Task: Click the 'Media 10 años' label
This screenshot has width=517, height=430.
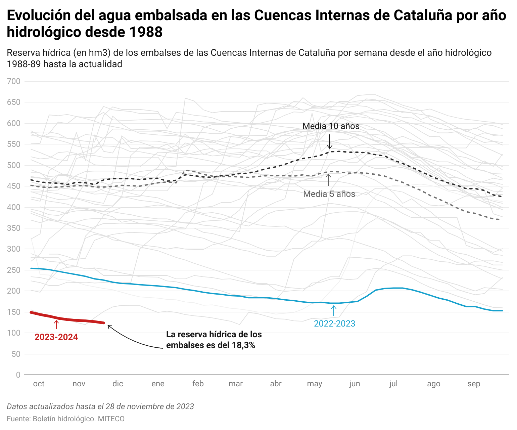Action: [x=331, y=126]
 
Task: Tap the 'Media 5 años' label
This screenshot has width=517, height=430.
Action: [x=329, y=194]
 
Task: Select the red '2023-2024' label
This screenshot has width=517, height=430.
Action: [x=56, y=337]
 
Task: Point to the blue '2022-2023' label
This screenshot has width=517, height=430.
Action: [x=334, y=324]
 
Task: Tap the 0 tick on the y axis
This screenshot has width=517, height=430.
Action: [x=18, y=375]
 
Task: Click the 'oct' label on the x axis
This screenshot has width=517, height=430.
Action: [x=39, y=384]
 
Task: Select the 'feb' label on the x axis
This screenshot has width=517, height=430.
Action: [x=198, y=384]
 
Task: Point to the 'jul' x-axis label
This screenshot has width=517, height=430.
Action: [x=393, y=384]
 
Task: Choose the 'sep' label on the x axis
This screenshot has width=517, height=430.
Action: [x=474, y=384]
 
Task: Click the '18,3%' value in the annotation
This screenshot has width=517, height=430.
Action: [x=243, y=345]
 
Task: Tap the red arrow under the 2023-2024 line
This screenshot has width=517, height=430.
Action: [x=56, y=324]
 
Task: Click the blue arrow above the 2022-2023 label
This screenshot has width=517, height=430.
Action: [x=334, y=310]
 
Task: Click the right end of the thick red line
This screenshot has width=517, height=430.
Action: [x=104, y=323]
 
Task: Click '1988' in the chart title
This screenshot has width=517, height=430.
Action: [x=146, y=32]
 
